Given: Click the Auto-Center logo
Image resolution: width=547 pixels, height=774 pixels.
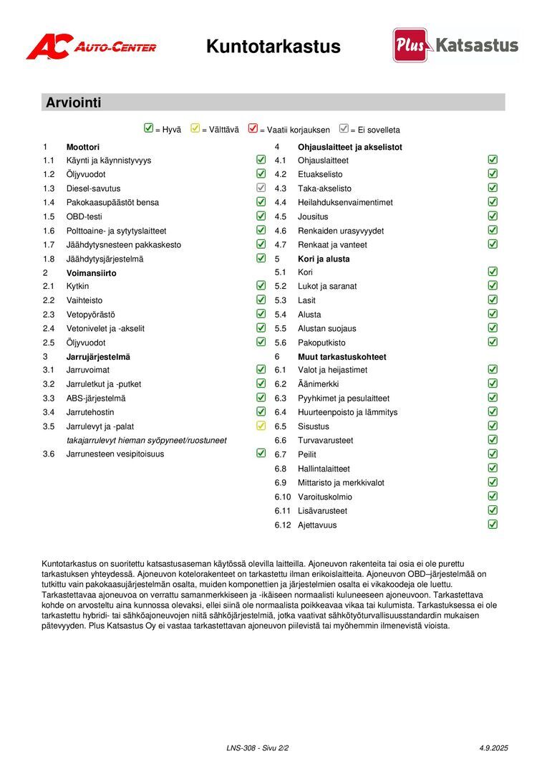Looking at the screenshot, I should point(91,47).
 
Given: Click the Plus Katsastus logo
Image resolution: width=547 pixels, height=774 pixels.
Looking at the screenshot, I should point(455,45).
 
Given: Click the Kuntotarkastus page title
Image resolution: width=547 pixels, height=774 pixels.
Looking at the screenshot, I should point(273,47).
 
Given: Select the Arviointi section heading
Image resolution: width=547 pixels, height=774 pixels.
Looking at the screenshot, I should point(73,102).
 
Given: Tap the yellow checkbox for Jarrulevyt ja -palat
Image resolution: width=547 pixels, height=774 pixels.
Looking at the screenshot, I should point(261,426).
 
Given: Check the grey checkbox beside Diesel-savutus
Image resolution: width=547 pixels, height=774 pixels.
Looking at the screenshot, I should point(261,188).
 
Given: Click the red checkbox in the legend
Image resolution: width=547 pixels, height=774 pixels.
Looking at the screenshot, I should point(253,129).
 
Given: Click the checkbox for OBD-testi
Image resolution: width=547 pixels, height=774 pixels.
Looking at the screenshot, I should point(261,216).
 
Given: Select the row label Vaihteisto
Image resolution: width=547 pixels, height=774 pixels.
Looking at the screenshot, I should point(84,300).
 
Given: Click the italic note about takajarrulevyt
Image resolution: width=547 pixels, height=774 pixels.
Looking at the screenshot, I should point(146,440).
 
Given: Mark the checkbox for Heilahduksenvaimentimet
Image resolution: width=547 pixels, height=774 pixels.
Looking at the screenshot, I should point(493,202).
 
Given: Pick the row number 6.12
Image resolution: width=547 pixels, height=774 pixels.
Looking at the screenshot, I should point(283,525).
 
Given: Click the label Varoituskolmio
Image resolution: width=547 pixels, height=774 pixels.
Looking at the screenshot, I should point(325,497).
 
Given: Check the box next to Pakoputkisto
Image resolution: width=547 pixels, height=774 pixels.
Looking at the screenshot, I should point(493,342).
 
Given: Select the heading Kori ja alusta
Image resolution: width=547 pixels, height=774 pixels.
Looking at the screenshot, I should point(324,259).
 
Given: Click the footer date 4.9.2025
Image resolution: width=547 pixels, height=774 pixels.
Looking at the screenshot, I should point(493,747).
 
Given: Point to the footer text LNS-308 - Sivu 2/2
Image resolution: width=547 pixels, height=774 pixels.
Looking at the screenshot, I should point(257,747).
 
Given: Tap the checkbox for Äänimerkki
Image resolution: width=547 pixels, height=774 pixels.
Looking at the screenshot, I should point(493,383).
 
